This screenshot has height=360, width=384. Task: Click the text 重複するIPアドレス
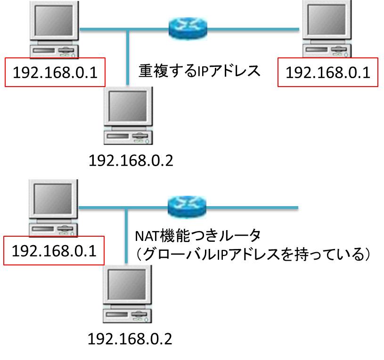[199, 71]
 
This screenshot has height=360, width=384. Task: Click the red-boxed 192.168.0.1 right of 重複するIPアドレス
[327, 72]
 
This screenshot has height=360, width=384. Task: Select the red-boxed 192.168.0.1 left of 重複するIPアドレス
[55, 72]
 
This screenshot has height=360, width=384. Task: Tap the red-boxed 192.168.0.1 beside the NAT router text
[54, 251]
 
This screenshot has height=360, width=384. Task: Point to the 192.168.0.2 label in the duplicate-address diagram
[131, 160]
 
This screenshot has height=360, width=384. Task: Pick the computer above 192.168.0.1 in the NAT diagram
[53, 207]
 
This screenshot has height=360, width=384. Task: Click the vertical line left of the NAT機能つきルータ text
[126, 235]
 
